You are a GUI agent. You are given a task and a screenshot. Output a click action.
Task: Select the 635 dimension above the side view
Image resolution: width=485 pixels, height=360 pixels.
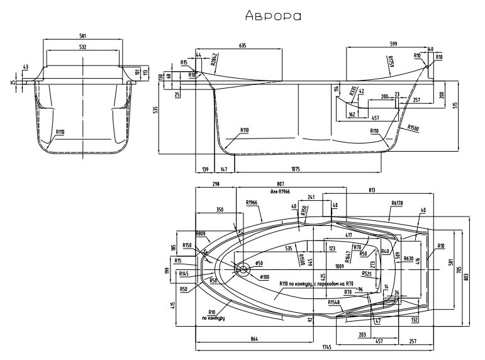pos(242,45)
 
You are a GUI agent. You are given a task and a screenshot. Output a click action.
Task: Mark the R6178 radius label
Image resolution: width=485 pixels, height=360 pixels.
pos(396,203)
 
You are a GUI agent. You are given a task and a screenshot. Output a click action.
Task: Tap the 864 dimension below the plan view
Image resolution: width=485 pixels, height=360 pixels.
pos(255,340)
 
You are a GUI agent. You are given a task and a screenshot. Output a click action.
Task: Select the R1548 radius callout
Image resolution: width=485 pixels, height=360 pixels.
pos(333,302)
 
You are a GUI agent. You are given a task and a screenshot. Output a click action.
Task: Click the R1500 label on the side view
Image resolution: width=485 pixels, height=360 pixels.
pos(413,128)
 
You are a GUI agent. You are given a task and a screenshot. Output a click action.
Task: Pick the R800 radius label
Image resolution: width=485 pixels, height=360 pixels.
pos(201,233)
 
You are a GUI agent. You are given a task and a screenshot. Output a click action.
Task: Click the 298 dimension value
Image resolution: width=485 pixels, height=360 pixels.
pos(216,183)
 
